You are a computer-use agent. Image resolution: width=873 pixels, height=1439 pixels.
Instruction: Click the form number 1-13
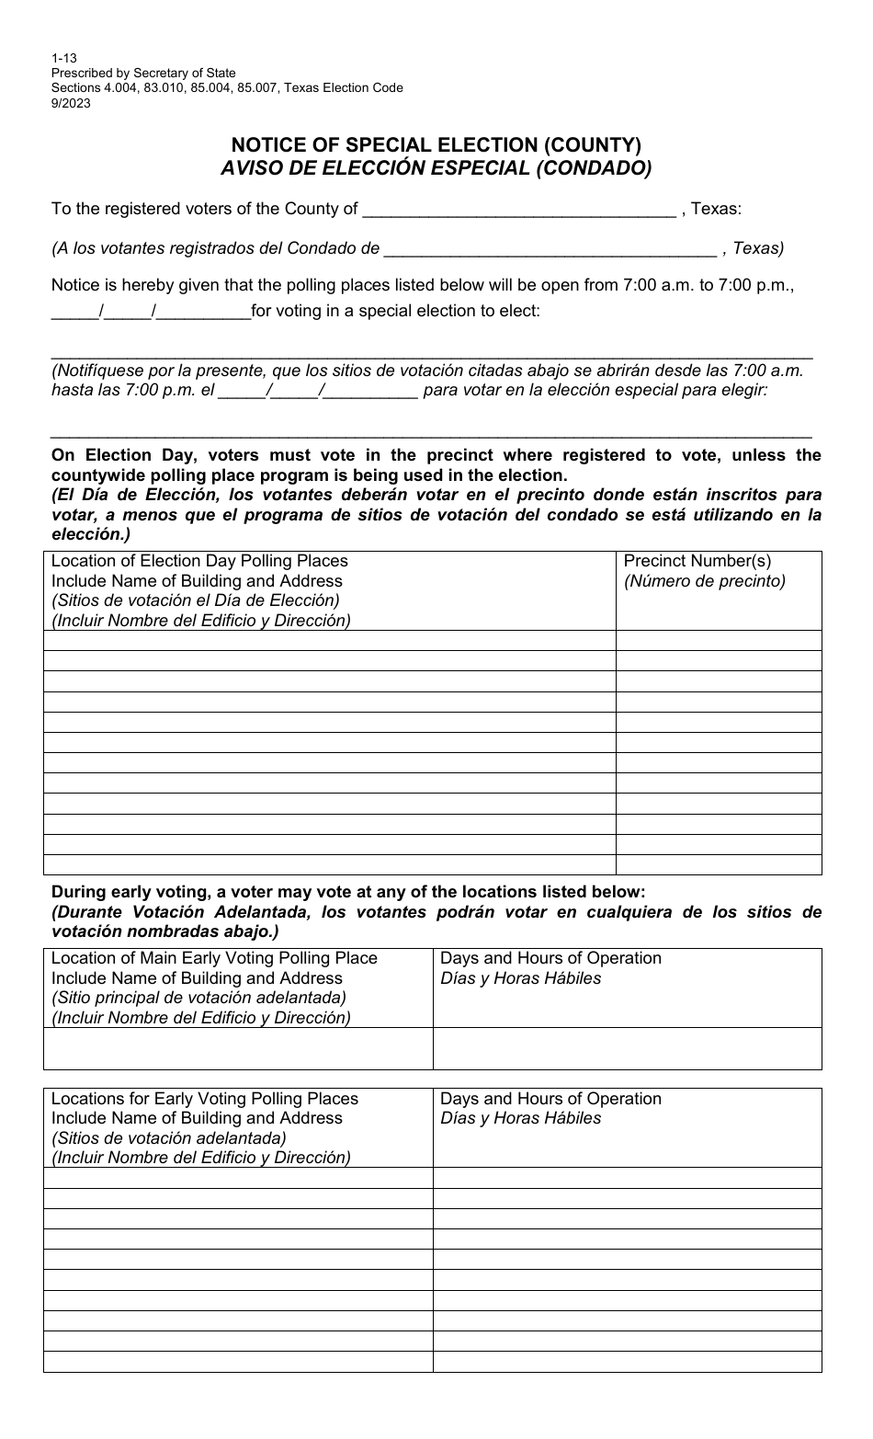pyautogui.click(x=64, y=57)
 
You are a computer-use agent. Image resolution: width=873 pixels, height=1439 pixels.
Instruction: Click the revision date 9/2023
pyautogui.click(x=71, y=104)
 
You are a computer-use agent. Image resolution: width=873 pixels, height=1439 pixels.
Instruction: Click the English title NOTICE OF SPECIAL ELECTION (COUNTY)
pyautogui.click(x=436, y=144)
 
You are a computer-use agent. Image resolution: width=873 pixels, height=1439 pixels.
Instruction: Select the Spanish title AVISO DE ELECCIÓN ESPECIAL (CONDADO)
pyautogui.click(x=436, y=168)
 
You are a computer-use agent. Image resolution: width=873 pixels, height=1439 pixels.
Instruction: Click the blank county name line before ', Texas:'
pyautogui.click(x=519, y=210)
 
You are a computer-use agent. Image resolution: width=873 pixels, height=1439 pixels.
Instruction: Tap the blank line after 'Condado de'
pyautogui.click(x=549, y=249)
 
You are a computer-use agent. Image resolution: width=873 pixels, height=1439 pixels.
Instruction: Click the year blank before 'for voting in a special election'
pyautogui.click(x=204, y=312)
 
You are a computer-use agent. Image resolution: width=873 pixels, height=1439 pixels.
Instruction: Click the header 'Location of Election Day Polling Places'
pyautogui.click(x=199, y=561)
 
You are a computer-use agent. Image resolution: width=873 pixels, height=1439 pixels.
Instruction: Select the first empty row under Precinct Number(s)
pyautogui.click(x=718, y=640)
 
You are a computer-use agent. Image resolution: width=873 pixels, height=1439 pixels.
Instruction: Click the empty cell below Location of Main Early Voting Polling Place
pyautogui.click(x=238, y=1048)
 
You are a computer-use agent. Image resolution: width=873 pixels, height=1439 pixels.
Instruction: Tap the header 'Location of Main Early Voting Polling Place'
pyautogui.click(x=214, y=958)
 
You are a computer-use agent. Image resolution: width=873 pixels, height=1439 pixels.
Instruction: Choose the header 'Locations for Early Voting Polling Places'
pyautogui.click(x=205, y=1099)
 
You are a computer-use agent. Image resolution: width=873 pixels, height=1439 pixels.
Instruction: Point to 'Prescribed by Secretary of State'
pyautogui.click(x=143, y=73)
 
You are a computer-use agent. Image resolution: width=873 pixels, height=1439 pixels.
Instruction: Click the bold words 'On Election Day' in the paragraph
pyautogui.click(x=109, y=455)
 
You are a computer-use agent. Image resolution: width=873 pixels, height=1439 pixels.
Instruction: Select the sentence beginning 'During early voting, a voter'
pyautogui.click(x=348, y=892)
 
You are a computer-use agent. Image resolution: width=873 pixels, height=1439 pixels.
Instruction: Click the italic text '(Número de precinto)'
pyautogui.click(x=705, y=581)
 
